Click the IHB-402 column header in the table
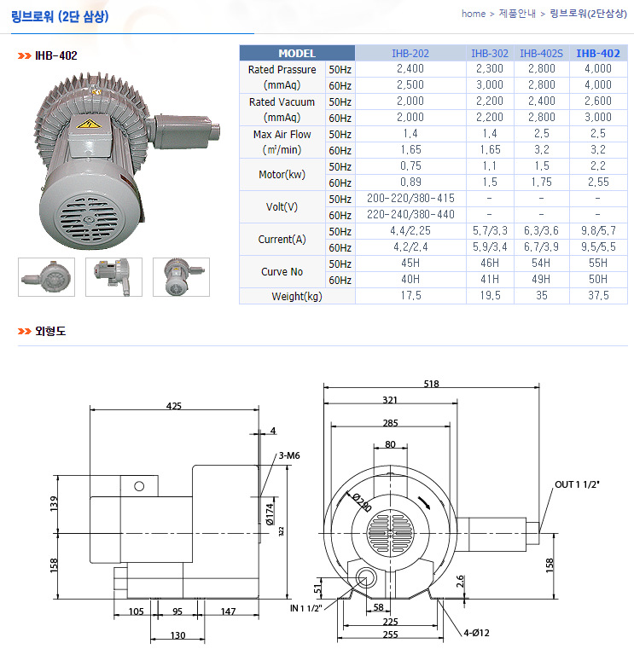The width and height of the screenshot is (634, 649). point(598,54)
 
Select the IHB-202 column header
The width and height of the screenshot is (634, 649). point(410,54)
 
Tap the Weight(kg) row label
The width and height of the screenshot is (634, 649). point(297,296)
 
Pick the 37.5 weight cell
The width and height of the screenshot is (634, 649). point(598,296)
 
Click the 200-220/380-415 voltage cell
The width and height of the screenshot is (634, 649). point(410,198)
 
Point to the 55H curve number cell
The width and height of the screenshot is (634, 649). point(598,264)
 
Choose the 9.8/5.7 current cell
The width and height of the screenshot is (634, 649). point(598,231)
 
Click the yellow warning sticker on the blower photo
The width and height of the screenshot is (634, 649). point(89,124)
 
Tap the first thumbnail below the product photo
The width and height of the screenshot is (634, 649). point(46,277)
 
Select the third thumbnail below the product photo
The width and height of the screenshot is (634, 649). point(181,277)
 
